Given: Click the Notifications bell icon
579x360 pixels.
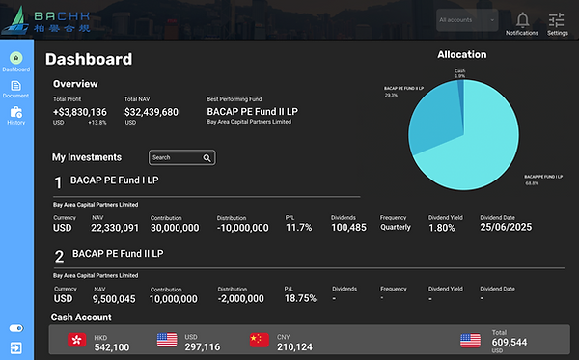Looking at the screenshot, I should (x=522, y=19).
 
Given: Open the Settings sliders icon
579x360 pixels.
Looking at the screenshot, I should (x=557, y=19).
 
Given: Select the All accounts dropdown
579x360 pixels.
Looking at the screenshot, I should (x=467, y=19).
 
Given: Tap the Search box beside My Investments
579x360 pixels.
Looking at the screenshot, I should (x=181, y=157).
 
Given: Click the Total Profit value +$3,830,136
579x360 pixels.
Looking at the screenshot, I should (x=80, y=112).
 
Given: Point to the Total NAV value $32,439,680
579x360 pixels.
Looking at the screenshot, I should (x=152, y=112).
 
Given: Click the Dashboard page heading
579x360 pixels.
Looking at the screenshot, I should (x=89, y=60).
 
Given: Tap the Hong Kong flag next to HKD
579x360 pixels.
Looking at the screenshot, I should (x=76, y=341).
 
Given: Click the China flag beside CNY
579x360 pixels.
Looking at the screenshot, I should (x=259, y=341).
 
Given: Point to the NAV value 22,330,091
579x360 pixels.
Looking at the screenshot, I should (x=116, y=228).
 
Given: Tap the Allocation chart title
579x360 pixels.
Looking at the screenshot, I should (x=461, y=55).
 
